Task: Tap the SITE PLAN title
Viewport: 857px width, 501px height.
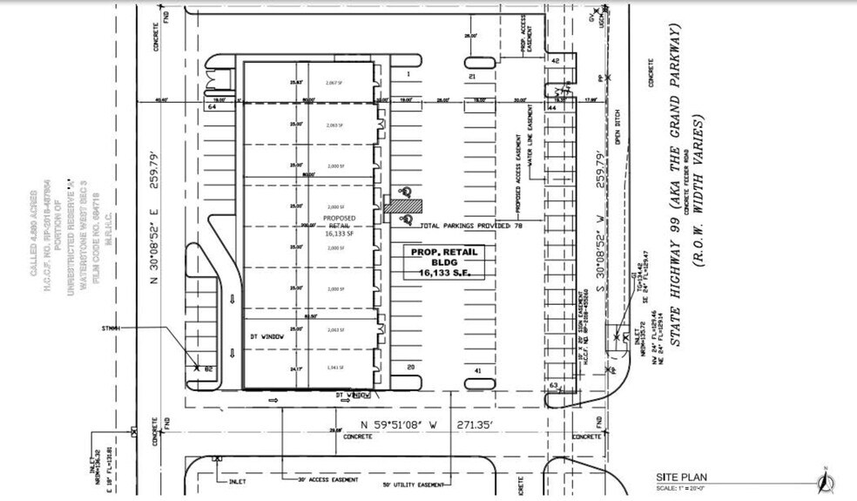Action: pos(682,477)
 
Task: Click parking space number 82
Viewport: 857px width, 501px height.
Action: pos(209,369)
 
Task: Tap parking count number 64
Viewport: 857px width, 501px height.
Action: pos(211,109)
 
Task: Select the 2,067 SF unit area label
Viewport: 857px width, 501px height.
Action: pos(335,83)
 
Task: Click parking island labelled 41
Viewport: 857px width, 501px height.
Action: pos(477,371)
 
